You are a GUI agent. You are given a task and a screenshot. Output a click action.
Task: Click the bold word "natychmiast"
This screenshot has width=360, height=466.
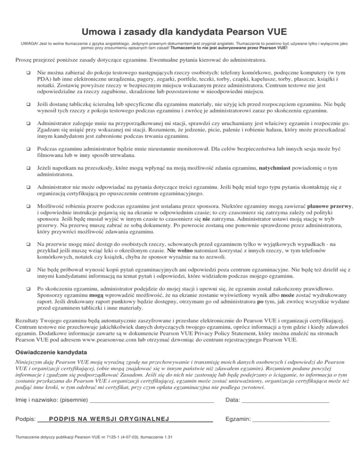pyautogui.click(x=280, y=167)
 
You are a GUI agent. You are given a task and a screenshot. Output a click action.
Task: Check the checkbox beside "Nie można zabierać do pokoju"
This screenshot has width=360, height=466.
pyautogui.click(x=29, y=74)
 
